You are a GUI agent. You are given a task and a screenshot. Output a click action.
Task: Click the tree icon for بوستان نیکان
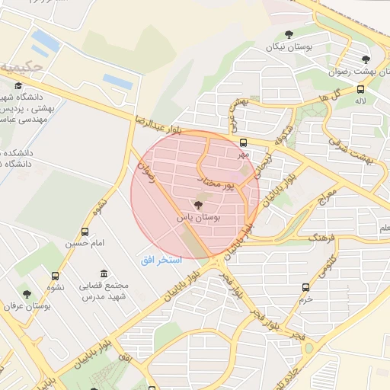pyautogui.click(x=289, y=34)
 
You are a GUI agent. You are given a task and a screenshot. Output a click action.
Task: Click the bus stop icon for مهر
pyautogui.click(x=243, y=142)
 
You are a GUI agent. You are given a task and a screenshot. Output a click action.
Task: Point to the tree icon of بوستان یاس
pyautogui.click(x=199, y=205)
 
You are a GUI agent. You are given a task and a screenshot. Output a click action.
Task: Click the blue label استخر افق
pyautogui.click(x=161, y=261)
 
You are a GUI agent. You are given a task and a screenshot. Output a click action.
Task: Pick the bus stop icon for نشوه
pyautogui.click(x=55, y=276)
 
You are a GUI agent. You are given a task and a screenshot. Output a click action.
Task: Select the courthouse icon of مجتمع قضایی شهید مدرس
pyautogui.click(x=104, y=274)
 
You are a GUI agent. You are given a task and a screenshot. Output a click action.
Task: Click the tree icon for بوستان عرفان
pyautogui.click(x=27, y=293)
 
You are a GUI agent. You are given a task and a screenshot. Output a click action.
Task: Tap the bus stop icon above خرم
pyautogui.click(x=306, y=287)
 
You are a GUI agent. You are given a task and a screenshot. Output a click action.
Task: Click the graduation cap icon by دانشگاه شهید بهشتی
pyautogui.click(x=18, y=85)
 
